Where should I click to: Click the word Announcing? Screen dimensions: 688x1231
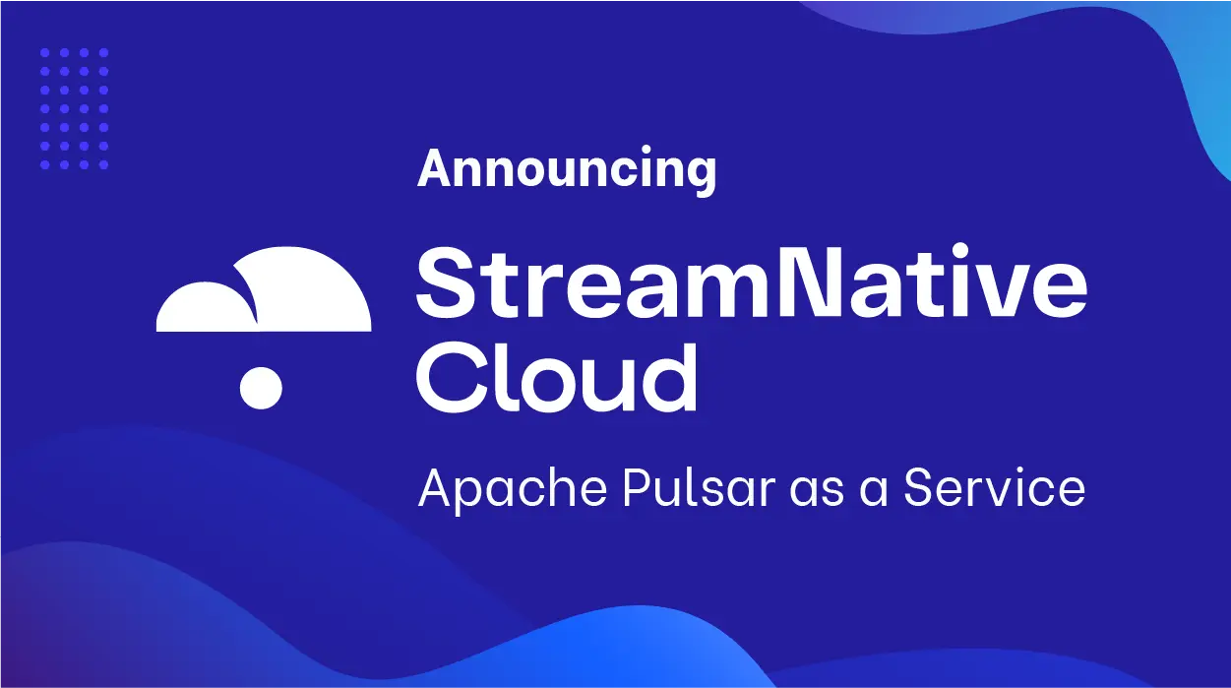[x=567, y=170]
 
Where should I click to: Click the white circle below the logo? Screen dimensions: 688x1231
[x=261, y=387]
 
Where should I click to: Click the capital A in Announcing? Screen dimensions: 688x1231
[x=436, y=170]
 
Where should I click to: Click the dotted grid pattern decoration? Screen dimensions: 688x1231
[x=75, y=108]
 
